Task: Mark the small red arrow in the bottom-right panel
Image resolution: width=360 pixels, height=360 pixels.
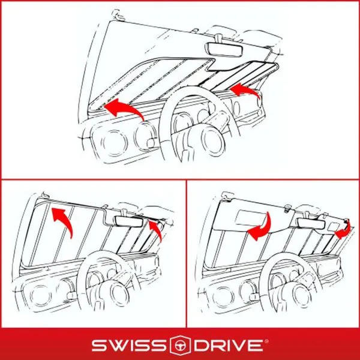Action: click(343, 232)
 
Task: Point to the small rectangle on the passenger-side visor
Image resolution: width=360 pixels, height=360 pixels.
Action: click(329, 223)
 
